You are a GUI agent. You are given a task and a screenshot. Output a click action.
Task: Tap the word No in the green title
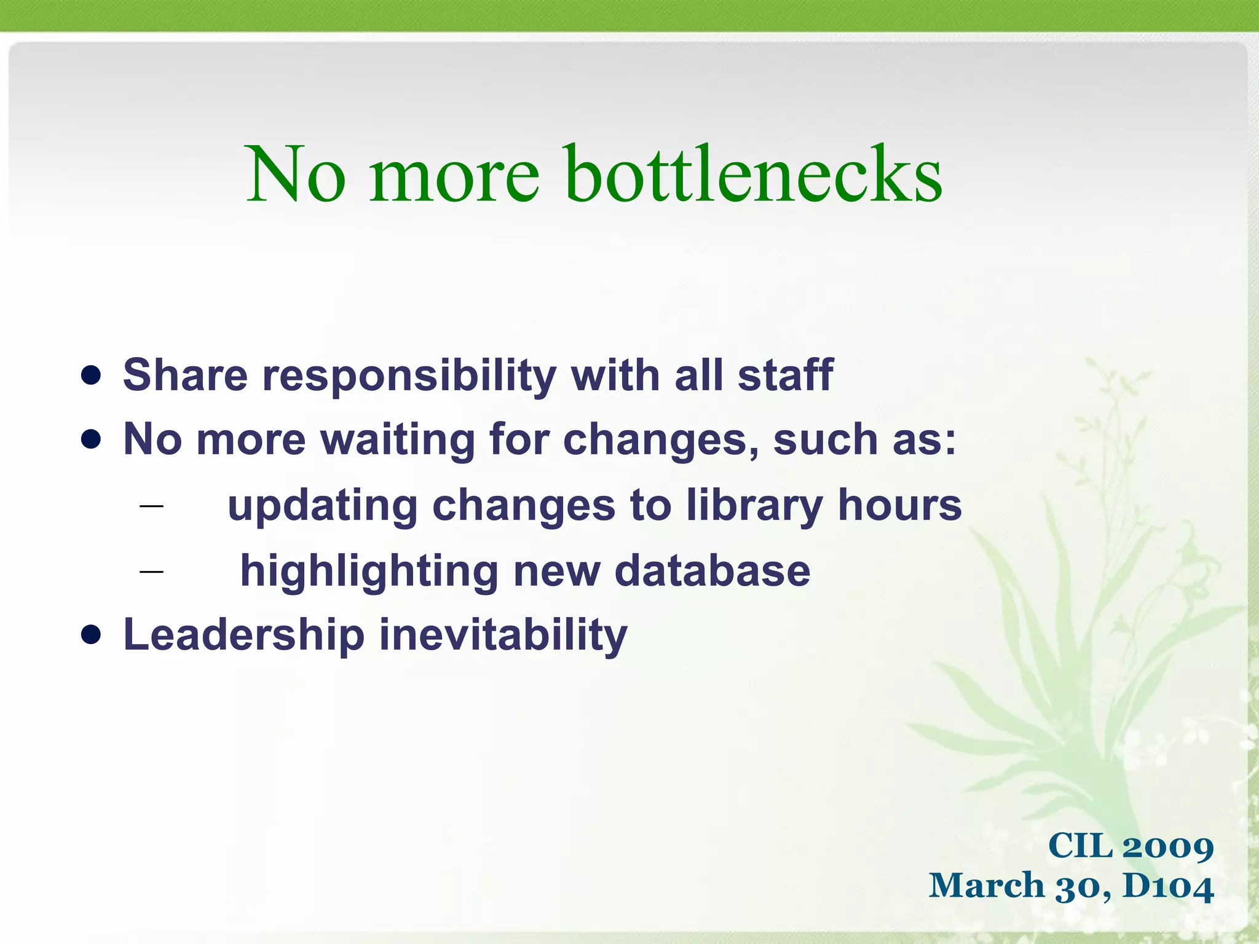295,175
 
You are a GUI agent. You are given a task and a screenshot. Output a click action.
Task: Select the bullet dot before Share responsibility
91,376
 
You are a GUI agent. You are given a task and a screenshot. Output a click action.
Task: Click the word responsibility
409,376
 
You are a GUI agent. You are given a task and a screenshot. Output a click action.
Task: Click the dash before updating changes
151,506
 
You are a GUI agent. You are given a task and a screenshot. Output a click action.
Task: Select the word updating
323,506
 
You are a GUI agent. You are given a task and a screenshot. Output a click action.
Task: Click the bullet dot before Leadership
91,635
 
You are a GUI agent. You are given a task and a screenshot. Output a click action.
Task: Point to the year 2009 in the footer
1167,846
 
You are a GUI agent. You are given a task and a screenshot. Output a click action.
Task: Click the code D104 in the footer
1168,887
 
